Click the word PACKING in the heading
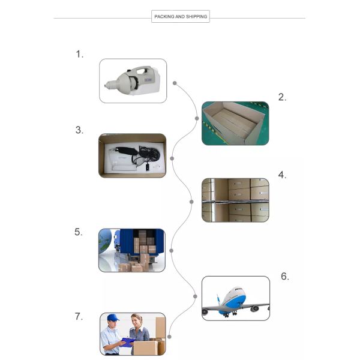164,17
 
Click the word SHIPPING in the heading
197,17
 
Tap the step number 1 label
79,54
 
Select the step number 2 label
282,97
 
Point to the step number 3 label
79,130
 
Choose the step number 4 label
282,175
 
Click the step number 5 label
78,232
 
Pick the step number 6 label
285,276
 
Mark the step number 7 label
79,316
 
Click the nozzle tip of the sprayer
106,86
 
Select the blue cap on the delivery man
113,317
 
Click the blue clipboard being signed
127,341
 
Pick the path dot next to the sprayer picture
175,83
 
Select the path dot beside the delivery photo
169,337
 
